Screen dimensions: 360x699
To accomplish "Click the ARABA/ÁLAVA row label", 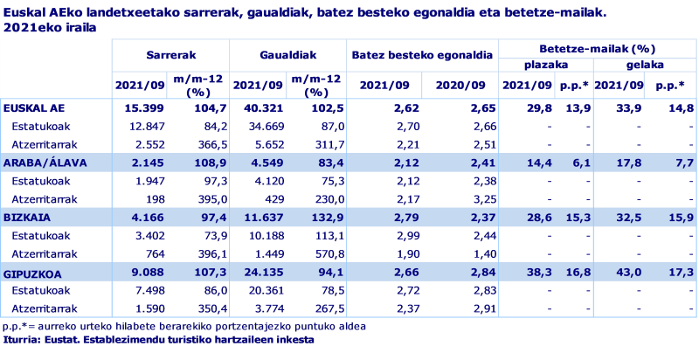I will pos(38,163).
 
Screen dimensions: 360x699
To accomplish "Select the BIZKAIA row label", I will pos(26,217).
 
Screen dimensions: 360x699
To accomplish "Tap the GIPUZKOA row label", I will pos(32,272).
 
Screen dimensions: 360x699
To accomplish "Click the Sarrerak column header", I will pos(170,54).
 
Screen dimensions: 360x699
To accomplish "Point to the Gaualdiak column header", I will pos(287,54).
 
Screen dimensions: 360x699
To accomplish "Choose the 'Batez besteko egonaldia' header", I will pos(423,55).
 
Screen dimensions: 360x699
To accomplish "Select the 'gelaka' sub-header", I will pos(645,65).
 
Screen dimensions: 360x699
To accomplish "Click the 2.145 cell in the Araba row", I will pos(146,163).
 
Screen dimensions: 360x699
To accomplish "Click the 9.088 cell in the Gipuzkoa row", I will pos(146,272).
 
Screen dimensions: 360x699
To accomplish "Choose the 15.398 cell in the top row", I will pos(145,108).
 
